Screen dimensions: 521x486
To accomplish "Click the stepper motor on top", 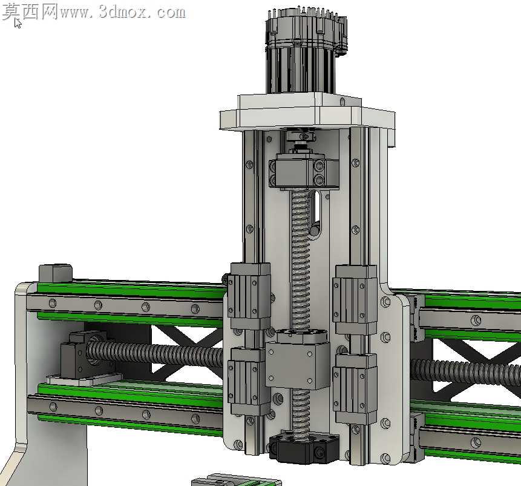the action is (x=306, y=50).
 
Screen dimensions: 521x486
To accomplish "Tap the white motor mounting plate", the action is (x=307, y=113).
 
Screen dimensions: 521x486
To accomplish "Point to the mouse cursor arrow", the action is (x=18, y=23).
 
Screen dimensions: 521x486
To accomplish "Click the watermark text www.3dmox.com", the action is (x=122, y=13).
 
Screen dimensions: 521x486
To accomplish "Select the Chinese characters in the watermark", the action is (x=30, y=12).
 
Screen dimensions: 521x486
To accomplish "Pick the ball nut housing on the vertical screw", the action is (x=298, y=359).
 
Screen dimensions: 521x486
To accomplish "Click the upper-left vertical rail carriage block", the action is (x=249, y=295).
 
